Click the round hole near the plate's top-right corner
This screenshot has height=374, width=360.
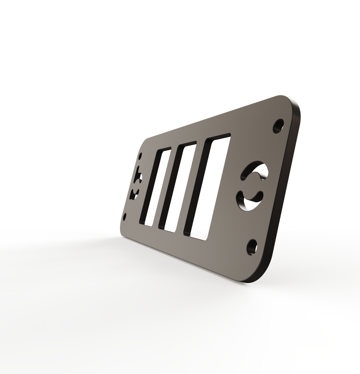point(278,126)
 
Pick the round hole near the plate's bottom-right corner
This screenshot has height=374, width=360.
point(252,247)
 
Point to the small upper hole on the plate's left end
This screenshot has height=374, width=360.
point(141,156)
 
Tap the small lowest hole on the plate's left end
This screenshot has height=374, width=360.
point(125,217)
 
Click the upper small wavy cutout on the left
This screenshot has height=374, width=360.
point(138,176)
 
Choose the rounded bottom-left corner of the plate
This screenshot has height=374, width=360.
point(122,232)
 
